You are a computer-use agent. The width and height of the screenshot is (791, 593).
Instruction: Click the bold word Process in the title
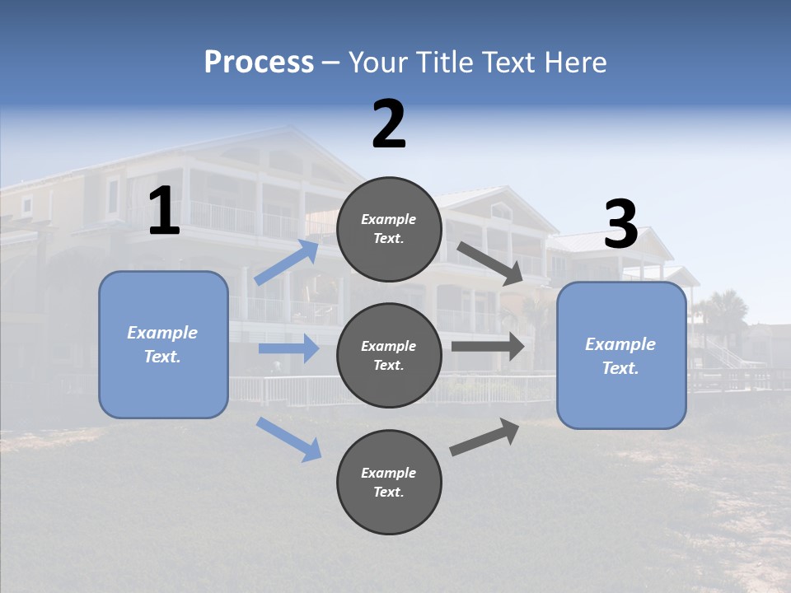point(259,63)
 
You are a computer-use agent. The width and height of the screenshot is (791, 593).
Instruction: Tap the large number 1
point(164,212)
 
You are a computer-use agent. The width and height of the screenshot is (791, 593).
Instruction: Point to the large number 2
point(389,124)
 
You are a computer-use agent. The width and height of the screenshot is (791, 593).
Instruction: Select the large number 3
point(620,225)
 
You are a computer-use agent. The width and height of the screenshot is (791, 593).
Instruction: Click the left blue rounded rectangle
point(163,344)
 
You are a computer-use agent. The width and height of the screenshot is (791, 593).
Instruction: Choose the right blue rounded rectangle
point(621,355)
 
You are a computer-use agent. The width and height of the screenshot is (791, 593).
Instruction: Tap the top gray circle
point(389,229)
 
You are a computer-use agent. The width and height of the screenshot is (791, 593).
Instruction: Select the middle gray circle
point(389,355)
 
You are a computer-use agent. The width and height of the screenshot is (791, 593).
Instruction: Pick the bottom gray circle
point(389,482)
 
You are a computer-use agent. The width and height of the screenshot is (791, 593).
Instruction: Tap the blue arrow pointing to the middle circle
point(288,348)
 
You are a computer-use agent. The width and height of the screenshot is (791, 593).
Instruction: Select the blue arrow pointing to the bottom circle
point(289,439)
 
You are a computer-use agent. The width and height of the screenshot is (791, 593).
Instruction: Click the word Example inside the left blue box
point(162,333)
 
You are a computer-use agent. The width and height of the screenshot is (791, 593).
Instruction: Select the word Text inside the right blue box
point(620,368)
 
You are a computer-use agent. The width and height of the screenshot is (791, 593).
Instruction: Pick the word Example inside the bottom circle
point(389,473)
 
